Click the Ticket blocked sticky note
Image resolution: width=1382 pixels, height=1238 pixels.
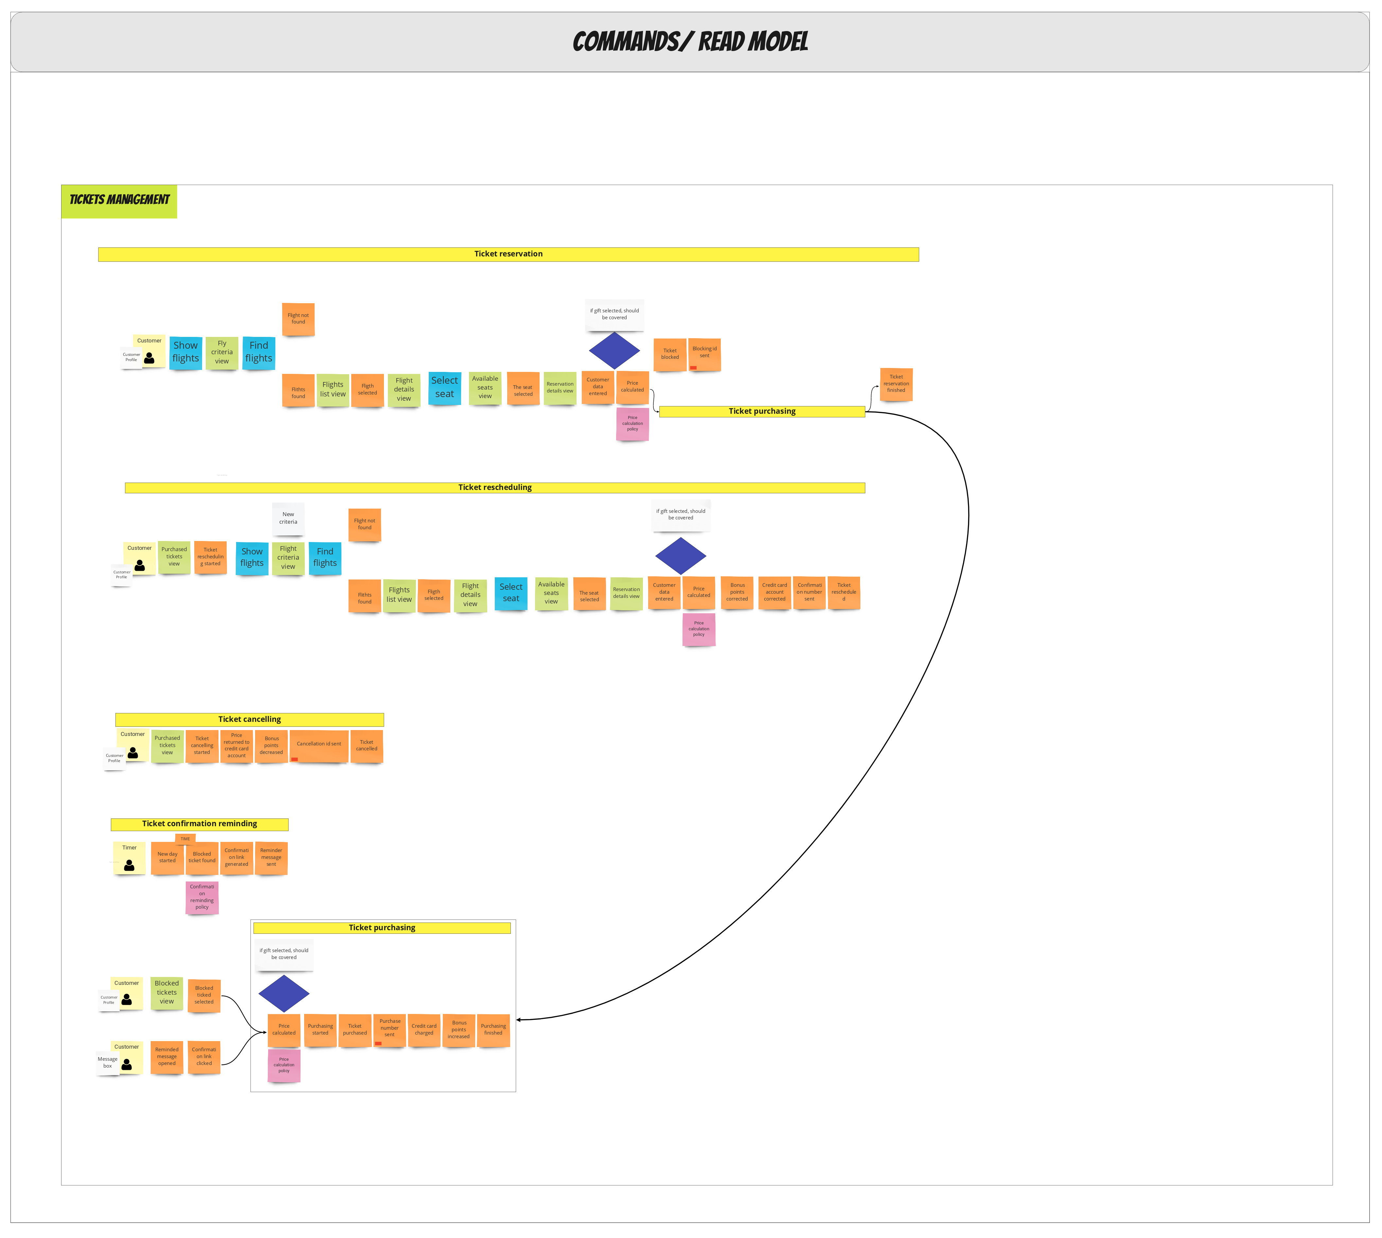point(670,355)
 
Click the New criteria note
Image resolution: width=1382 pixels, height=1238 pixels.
point(288,519)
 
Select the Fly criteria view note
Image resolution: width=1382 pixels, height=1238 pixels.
point(222,353)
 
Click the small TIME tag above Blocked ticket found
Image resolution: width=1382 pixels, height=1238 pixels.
point(185,839)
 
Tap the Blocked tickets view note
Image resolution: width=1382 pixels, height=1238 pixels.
point(167,993)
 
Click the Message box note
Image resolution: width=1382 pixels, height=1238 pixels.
point(108,1063)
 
